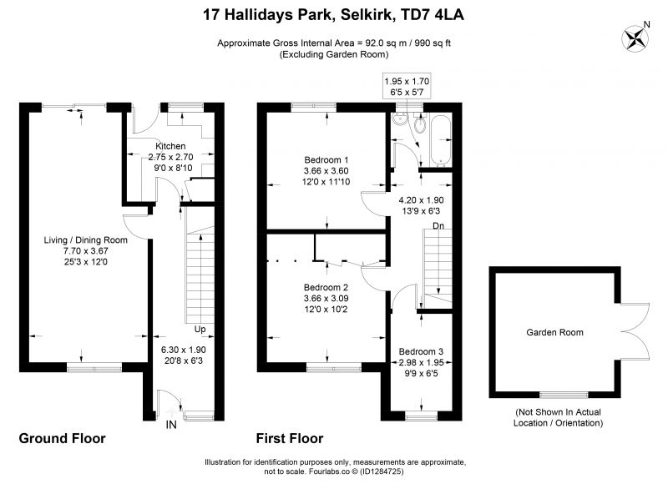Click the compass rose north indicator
pyautogui.click(x=636, y=38)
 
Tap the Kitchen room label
pyautogui.click(x=170, y=146)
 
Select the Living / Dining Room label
pyautogui.click(x=86, y=240)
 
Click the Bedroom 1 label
pyautogui.click(x=326, y=160)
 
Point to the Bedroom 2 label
pyautogui.click(x=326, y=287)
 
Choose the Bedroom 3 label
pyautogui.click(x=421, y=351)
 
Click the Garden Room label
pyautogui.click(x=554, y=332)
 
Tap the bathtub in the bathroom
pyautogui.click(x=441, y=139)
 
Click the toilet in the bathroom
pyautogui.click(x=420, y=124)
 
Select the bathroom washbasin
pyautogui.click(x=401, y=120)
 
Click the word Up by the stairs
pyautogui.click(x=200, y=329)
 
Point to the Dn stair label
pyautogui.click(x=438, y=225)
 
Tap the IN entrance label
pyautogui.click(x=171, y=424)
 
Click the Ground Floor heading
pyautogui.click(x=62, y=438)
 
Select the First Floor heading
pyautogui.click(x=290, y=438)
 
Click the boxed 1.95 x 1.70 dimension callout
pyautogui.click(x=407, y=87)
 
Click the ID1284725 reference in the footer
pyautogui.click(x=382, y=471)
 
